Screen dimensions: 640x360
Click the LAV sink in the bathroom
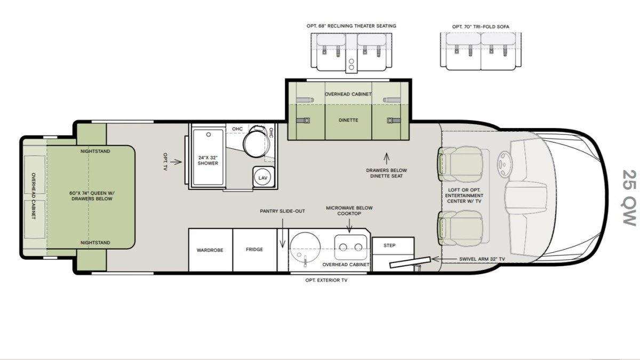[263, 177]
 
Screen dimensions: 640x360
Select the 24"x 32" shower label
[208, 161]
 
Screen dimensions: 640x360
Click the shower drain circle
[209, 134]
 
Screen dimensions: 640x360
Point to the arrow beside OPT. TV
[176, 162]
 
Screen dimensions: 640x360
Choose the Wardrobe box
[211, 250]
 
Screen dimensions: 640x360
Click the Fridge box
[255, 250]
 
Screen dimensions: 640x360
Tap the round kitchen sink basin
[305, 246]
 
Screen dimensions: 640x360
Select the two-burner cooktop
[350, 247]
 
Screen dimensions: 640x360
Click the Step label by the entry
[389, 245]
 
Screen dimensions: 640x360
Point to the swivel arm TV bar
[410, 262]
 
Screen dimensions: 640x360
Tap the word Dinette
[348, 121]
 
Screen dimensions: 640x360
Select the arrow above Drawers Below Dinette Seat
[387, 158]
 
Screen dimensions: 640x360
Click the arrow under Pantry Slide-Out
[283, 233]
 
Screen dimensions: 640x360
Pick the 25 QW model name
[629, 198]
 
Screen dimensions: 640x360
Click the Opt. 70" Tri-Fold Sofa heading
[481, 27]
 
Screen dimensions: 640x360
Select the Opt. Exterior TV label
[326, 281]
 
